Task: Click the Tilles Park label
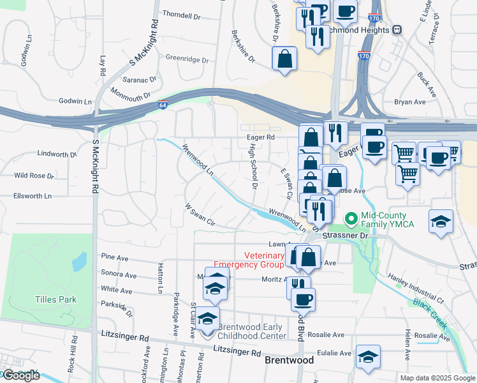click(55, 299)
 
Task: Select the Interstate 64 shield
click(164, 105)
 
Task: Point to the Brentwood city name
click(289, 361)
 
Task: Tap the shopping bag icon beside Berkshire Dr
click(284, 59)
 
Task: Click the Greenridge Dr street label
click(187, 59)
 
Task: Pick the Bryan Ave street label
click(409, 101)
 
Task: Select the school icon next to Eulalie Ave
click(368, 358)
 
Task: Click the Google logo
click(21, 375)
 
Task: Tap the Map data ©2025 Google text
click(437, 378)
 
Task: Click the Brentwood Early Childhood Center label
click(251, 332)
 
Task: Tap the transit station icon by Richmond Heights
click(397, 29)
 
